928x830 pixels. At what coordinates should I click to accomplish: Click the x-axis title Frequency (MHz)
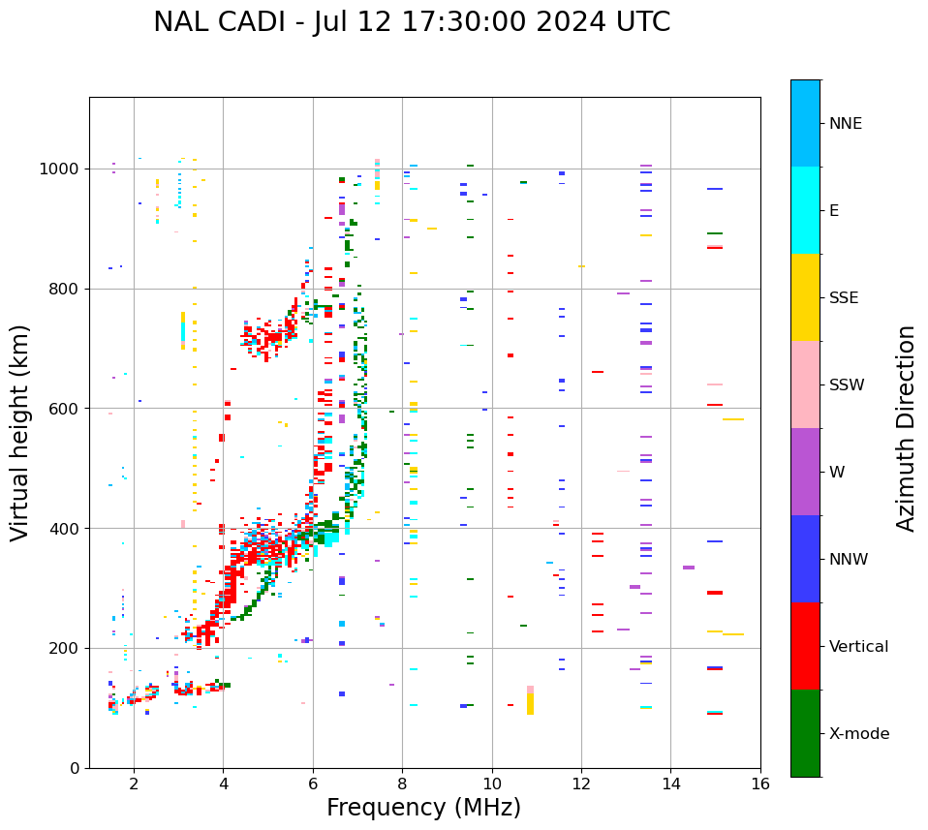pos(423,808)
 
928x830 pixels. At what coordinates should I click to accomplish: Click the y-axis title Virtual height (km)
pos(20,433)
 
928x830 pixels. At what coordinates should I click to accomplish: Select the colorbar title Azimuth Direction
pos(906,428)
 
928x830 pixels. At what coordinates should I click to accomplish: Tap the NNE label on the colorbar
pos(845,124)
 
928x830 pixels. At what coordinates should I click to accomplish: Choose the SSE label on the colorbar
pos(843,298)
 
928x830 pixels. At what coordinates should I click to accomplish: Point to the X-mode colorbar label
pos(858,734)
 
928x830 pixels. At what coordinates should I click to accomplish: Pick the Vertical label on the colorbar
pos(858,647)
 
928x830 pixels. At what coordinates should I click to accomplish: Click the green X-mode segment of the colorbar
pos(805,733)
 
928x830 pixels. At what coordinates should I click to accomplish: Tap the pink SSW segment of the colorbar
pos(805,384)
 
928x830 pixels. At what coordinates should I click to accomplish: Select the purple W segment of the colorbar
pos(805,472)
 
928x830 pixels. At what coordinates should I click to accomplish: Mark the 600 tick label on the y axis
pos(66,409)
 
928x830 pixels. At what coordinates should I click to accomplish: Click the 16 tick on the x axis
pos(760,784)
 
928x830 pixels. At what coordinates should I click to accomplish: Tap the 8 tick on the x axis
pos(402,784)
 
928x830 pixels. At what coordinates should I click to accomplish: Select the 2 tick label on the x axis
pos(134,784)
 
